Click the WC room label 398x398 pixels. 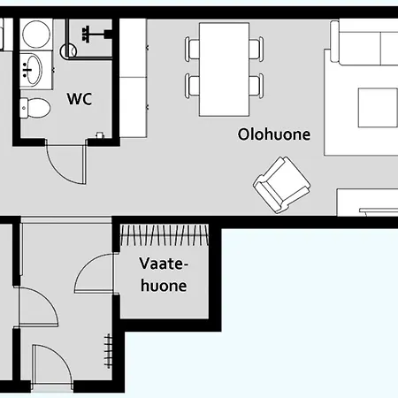tap(80, 99)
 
